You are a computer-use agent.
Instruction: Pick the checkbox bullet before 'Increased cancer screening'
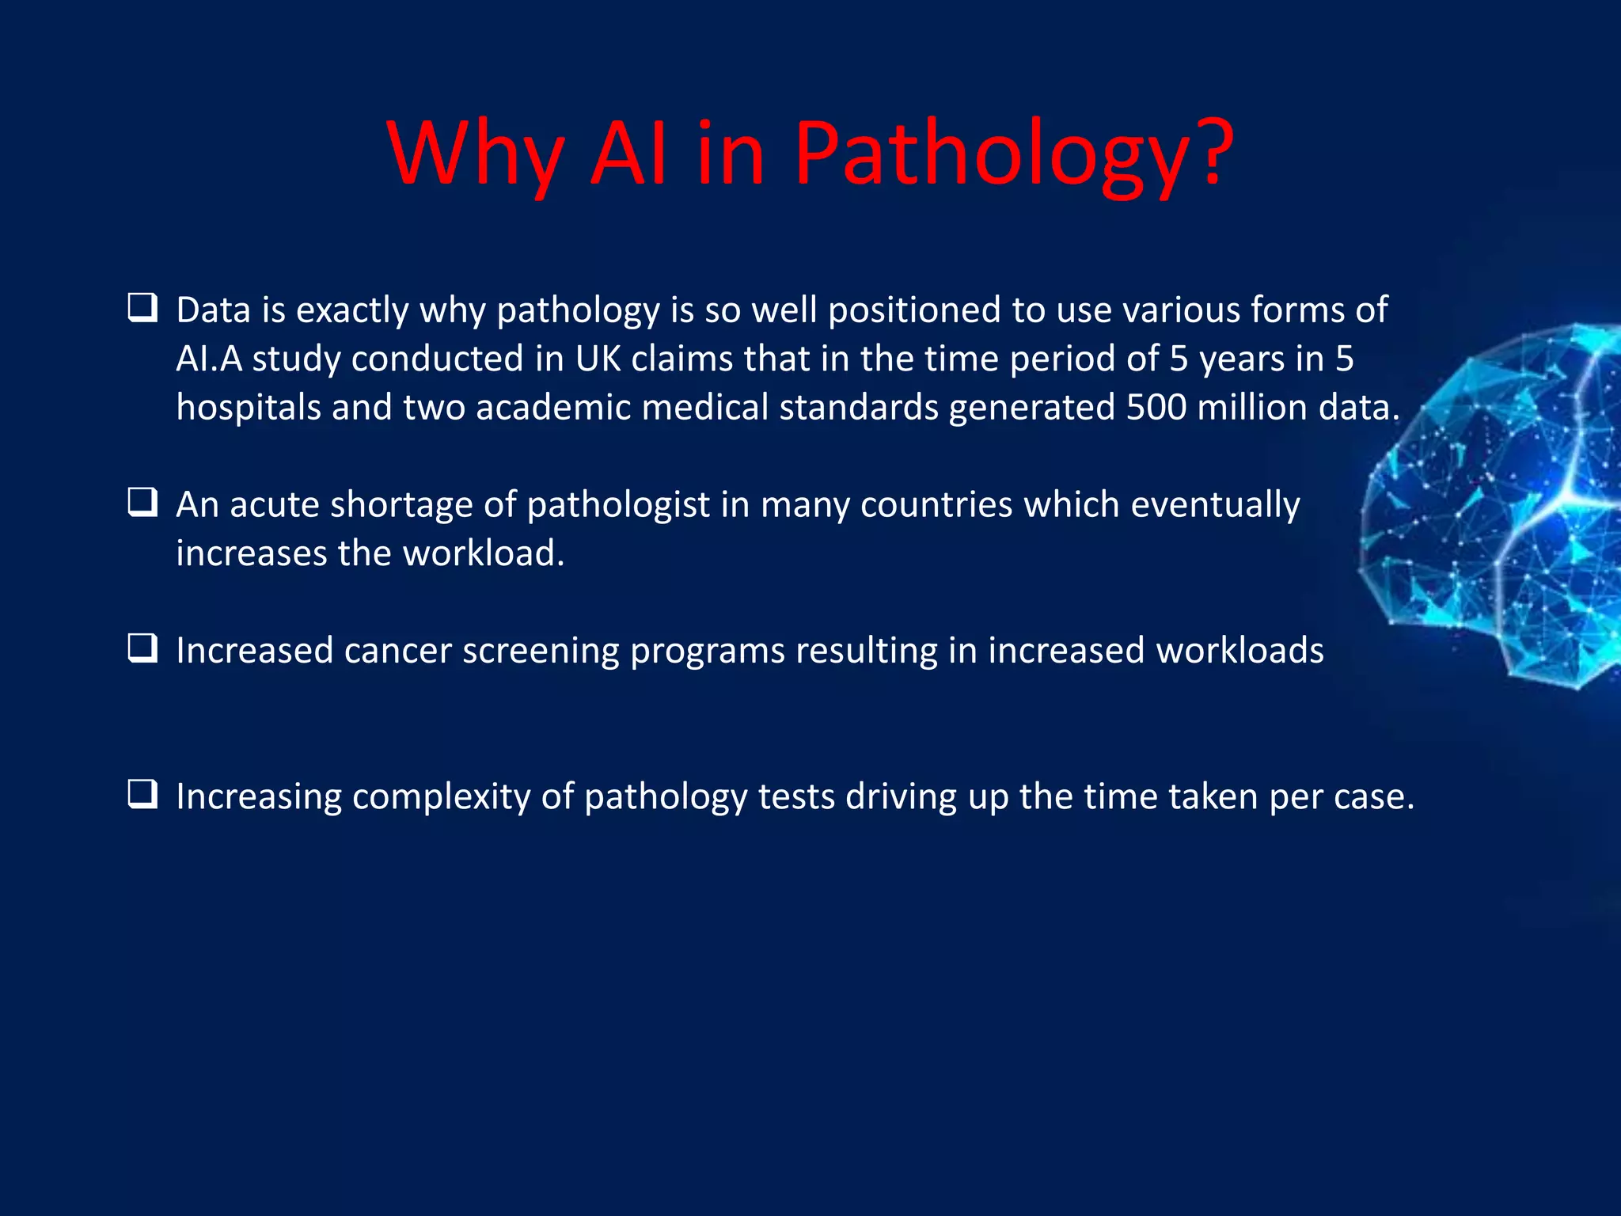pyautogui.click(x=142, y=648)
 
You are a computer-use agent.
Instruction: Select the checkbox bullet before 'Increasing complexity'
pyautogui.click(x=142, y=794)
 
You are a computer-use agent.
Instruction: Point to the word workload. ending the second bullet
pyautogui.click(x=484, y=553)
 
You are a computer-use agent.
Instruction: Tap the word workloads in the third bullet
pyautogui.click(x=1239, y=651)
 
